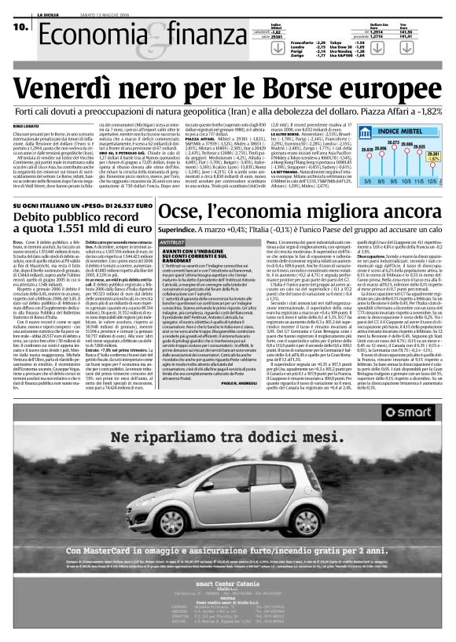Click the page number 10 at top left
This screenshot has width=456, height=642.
point(17,27)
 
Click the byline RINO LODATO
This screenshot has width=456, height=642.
point(27,125)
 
